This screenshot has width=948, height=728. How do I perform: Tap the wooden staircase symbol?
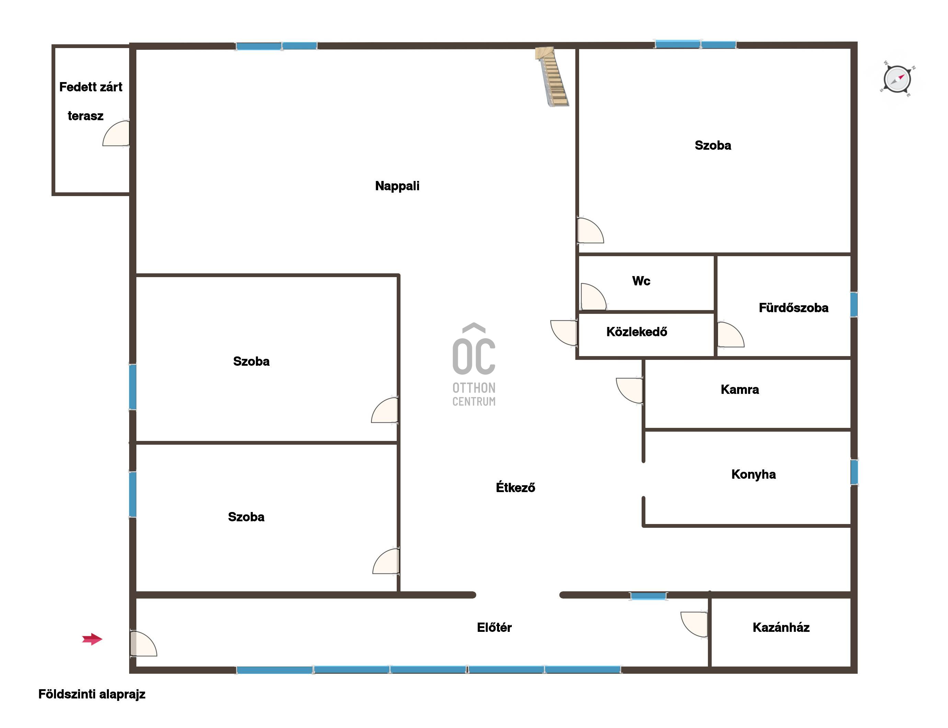(552, 77)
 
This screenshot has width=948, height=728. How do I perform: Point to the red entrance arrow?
(92, 639)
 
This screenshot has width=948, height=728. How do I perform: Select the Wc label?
(641, 281)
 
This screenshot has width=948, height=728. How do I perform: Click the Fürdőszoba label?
(793, 308)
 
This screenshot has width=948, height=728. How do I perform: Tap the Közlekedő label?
(636, 332)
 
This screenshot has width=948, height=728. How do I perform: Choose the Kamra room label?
(740, 389)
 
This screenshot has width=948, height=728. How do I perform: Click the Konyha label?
(753, 475)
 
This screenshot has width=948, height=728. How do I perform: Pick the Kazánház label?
(781, 627)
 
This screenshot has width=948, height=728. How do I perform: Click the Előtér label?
(494, 627)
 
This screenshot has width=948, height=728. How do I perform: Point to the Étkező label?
(516, 488)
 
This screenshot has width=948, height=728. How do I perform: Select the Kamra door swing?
(629, 390)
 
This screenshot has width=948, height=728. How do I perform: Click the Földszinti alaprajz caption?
(92, 694)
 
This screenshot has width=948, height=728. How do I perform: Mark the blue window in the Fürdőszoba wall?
(854, 305)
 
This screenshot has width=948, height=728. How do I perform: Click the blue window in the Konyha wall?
(854, 472)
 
